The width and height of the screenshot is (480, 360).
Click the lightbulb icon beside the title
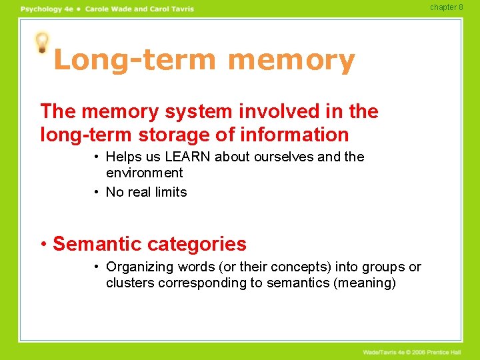[42, 43]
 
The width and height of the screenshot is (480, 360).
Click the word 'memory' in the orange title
[291, 61]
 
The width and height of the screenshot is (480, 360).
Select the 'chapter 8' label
[446, 7]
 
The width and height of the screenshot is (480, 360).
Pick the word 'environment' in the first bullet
[144, 173]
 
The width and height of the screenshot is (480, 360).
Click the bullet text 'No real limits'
[147, 192]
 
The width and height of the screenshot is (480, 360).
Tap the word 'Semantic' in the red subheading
[96, 244]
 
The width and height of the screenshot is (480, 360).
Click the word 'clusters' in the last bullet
[129, 283]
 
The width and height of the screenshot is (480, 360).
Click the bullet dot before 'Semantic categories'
[44, 244]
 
